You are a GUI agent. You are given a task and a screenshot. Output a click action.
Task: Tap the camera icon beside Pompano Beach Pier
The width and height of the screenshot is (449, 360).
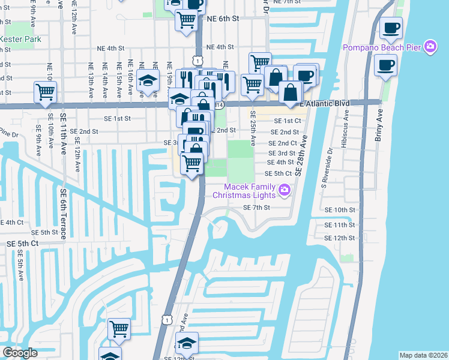click(430, 46)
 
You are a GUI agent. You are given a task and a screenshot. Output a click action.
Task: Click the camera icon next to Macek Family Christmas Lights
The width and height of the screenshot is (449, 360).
click(285, 191)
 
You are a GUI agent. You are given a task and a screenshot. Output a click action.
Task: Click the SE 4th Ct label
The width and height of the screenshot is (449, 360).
click(11, 222)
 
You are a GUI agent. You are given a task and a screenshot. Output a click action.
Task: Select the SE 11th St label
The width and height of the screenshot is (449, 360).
click(340, 225)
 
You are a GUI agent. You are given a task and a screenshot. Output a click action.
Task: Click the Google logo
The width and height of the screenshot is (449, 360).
click(20, 353)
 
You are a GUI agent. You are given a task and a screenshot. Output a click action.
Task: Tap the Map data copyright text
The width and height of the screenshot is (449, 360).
click(423, 355)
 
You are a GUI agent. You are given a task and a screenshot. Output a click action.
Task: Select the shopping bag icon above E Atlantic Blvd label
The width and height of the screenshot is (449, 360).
click(291, 93)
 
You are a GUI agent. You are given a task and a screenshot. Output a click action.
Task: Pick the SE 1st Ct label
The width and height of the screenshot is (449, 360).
click(285, 121)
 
